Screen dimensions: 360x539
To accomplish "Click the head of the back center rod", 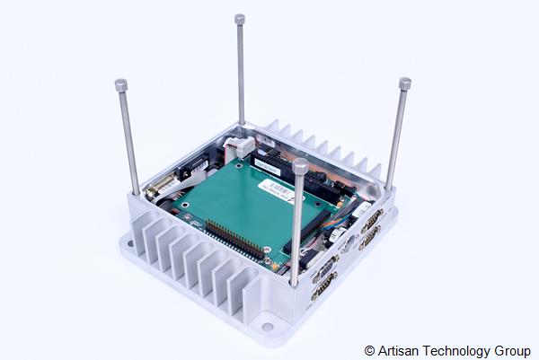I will pyautogui.click(x=240, y=19).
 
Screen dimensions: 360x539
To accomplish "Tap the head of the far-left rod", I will pyautogui.click(x=121, y=85).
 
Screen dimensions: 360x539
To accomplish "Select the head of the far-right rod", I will pyautogui.click(x=405, y=83).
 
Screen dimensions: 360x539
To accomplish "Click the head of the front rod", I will pyautogui.click(x=300, y=166).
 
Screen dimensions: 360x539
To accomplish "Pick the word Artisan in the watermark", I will pyautogui.click(x=396, y=349).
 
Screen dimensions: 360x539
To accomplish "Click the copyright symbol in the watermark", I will pyautogui.click(x=369, y=349).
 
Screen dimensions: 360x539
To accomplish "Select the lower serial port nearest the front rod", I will pyautogui.click(x=323, y=286).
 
